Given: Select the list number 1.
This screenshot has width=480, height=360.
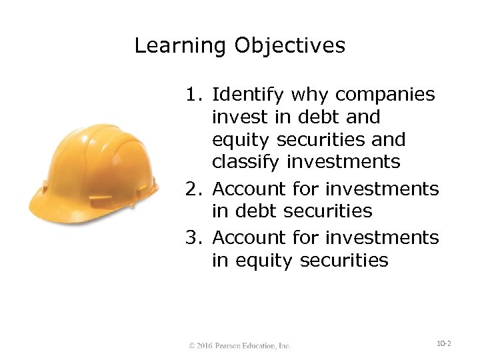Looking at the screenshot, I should click(192, 95).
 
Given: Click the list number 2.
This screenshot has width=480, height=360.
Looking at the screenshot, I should click(192, 189).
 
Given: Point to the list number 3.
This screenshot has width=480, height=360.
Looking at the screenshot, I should click(192, 237).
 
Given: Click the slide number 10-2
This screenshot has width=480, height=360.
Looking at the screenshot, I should click(444, 343).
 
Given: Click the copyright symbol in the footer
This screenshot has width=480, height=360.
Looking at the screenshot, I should click(191, 346).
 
